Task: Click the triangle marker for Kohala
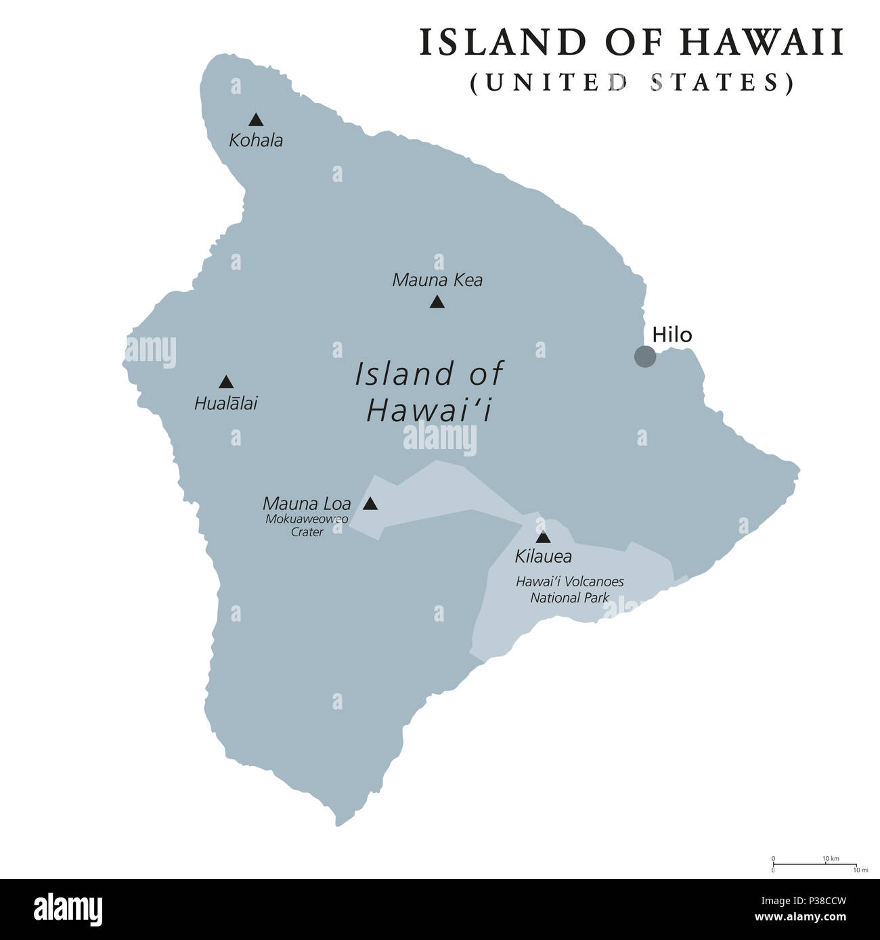[x=255, y=120]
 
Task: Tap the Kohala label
[x=256, y=141]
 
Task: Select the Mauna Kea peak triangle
[x=437, y=302]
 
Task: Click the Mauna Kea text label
[x=437, y=280]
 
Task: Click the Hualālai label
[x=226, y=404]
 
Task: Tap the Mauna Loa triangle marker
[x=370, y=504]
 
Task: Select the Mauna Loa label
[x=307, y=503]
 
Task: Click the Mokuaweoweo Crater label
[x=307, y=525]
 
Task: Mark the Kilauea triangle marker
[x=543, y=538]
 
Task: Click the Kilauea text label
[x=543, y=557]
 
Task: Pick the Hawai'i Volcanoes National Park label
[x=569, y=589]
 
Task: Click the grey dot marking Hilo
[x=644, y=356]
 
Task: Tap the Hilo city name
[x=672, y=335]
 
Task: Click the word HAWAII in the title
[x=762, y=42]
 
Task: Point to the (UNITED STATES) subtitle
[x=632, y=82]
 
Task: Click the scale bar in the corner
[x=815, y=864]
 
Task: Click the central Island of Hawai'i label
[x=428, y=392]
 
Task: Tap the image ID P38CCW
[x=816, y=900]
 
